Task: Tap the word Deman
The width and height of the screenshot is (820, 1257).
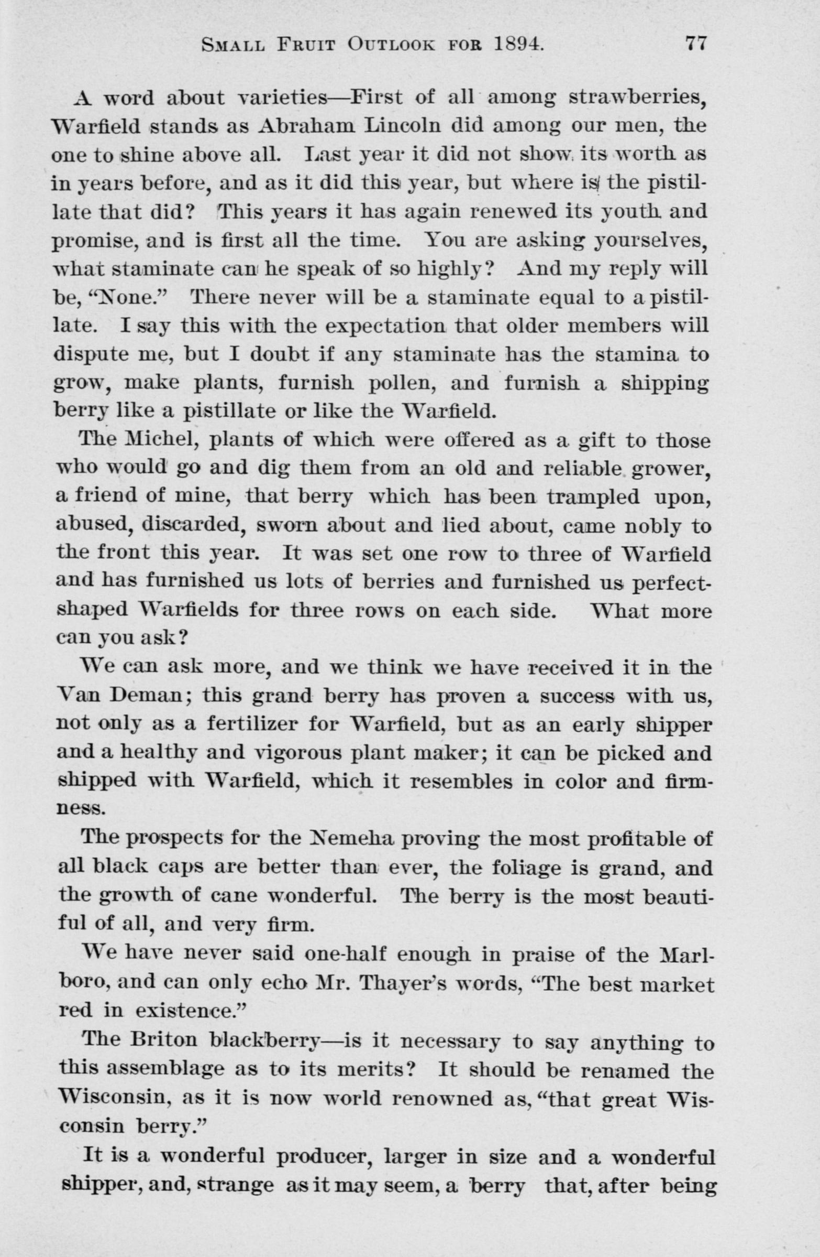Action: [x=148, y=697]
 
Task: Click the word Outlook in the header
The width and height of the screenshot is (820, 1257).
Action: [x=391, y=45]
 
